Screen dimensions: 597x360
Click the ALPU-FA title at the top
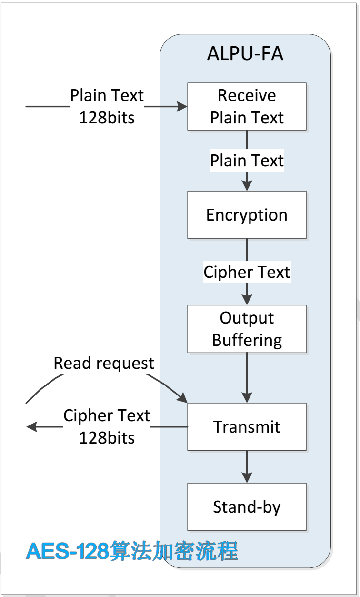[245, 54]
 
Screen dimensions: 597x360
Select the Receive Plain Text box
[247, 106]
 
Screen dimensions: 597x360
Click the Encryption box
[247, 215]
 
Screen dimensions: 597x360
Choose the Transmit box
[247, 426]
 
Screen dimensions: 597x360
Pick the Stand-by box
[247, 506]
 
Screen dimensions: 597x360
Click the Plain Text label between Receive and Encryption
[247, 161]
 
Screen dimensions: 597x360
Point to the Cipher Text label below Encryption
[247, 272]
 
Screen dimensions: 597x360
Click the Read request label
[104, 363]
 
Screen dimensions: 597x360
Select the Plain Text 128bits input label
[107, 106]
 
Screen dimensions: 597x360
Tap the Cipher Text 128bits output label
[107, 426]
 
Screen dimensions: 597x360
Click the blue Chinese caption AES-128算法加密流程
[132, 552]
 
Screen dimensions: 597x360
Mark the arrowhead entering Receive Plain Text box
[182, 107]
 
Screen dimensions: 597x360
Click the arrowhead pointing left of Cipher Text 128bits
[31, 426]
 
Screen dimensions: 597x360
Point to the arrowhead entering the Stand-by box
[247, 478]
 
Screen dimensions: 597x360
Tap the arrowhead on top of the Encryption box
[247, 186]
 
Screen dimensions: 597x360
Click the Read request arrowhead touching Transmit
[183, 398]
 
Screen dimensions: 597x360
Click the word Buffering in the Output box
[247, 340]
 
